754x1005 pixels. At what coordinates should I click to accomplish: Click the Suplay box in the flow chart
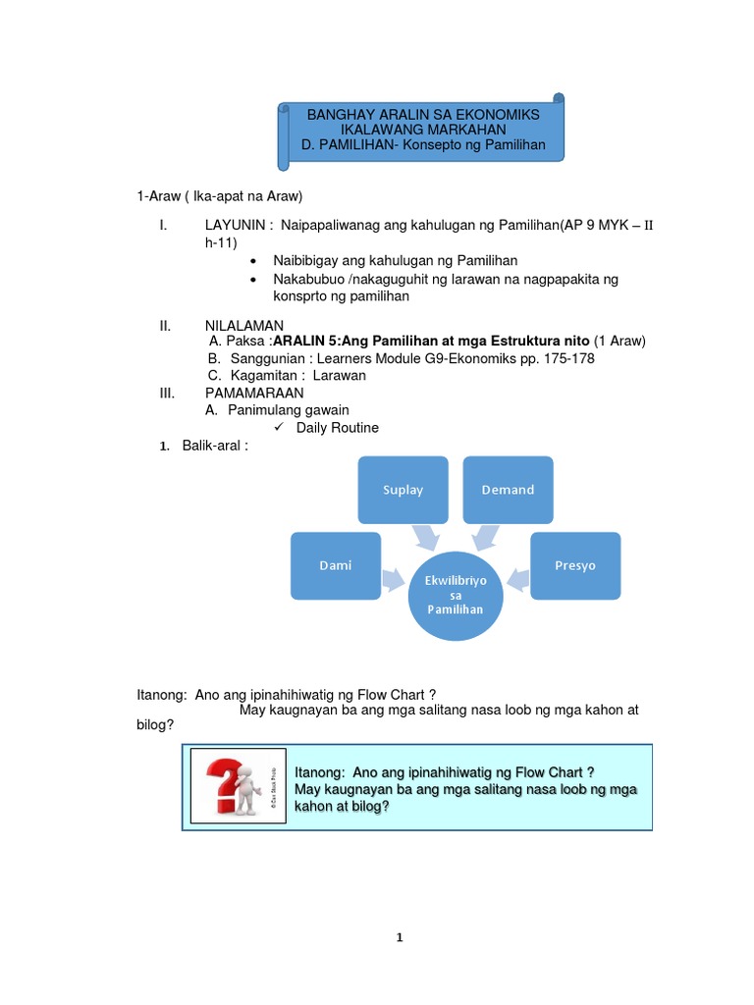(403, 490)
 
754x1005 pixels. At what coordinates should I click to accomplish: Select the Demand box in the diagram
(508, 490)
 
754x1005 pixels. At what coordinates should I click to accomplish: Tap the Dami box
(335, 565)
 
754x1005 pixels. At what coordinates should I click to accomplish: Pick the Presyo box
(575, 565)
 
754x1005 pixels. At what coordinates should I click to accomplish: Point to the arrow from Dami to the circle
(393, 578)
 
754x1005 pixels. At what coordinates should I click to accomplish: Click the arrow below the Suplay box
(426, 536)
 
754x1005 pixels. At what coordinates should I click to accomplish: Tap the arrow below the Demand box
(485, 536)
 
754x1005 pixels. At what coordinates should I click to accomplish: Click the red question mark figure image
(234, 785)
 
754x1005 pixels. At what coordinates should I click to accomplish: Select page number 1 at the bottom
(400, 937)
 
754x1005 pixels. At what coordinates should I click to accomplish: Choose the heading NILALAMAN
(244, 325)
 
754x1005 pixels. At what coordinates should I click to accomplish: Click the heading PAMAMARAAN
(254, 393)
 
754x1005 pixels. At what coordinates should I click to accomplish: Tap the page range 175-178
(566, 358)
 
